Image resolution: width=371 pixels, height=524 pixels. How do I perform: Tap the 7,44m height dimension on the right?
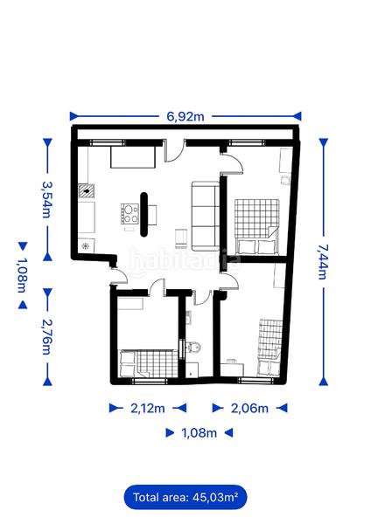323,259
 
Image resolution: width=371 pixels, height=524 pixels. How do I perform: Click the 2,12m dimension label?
147,408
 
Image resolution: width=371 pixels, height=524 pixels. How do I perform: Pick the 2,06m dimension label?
248,408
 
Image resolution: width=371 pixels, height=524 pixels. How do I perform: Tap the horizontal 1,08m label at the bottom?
198,432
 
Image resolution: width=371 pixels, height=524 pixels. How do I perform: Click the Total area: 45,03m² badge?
185,497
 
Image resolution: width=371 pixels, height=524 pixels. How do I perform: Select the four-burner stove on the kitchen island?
129,214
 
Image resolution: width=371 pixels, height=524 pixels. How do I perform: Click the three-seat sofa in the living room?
205,214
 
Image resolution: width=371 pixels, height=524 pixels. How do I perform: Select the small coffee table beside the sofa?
181,235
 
